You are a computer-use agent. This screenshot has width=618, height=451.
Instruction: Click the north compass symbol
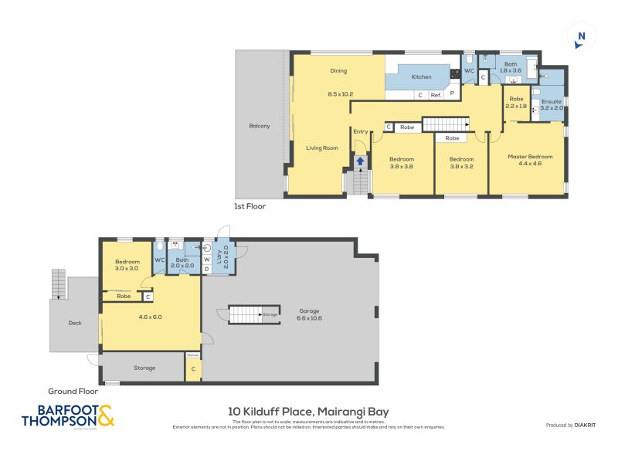coord(581,36)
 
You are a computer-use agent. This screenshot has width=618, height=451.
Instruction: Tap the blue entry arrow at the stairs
coord(360,161)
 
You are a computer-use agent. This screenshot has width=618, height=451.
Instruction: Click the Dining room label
coord(338,71)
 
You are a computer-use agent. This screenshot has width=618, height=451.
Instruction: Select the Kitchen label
coord(421,76)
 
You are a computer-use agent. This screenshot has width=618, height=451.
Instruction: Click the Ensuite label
coord(552,101)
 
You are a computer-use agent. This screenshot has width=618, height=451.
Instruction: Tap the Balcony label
coord(260,126)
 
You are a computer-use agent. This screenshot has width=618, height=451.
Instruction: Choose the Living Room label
coord(322,148)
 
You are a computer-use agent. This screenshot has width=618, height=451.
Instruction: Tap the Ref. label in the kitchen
coord(436,95)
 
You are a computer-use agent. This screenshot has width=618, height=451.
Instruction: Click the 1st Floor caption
coord(250,206)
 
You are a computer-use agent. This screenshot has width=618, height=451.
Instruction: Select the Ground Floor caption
coord(73,392)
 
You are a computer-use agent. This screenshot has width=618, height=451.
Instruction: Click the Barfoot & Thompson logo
coord(68,416)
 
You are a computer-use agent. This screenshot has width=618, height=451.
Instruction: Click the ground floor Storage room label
coord(144,368)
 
